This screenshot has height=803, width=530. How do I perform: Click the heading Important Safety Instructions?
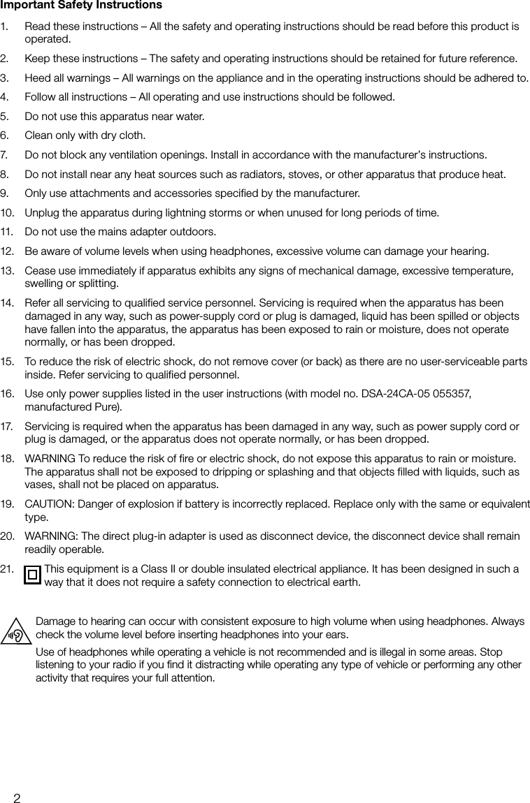point(81,6)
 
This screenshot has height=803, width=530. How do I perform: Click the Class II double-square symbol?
point(32,575)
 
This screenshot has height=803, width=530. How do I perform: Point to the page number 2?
point(17,797)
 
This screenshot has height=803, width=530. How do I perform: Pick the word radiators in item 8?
point(245,174)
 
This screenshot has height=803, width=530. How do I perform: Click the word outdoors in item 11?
point(195,232)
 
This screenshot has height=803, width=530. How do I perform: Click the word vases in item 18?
point(39,485)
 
